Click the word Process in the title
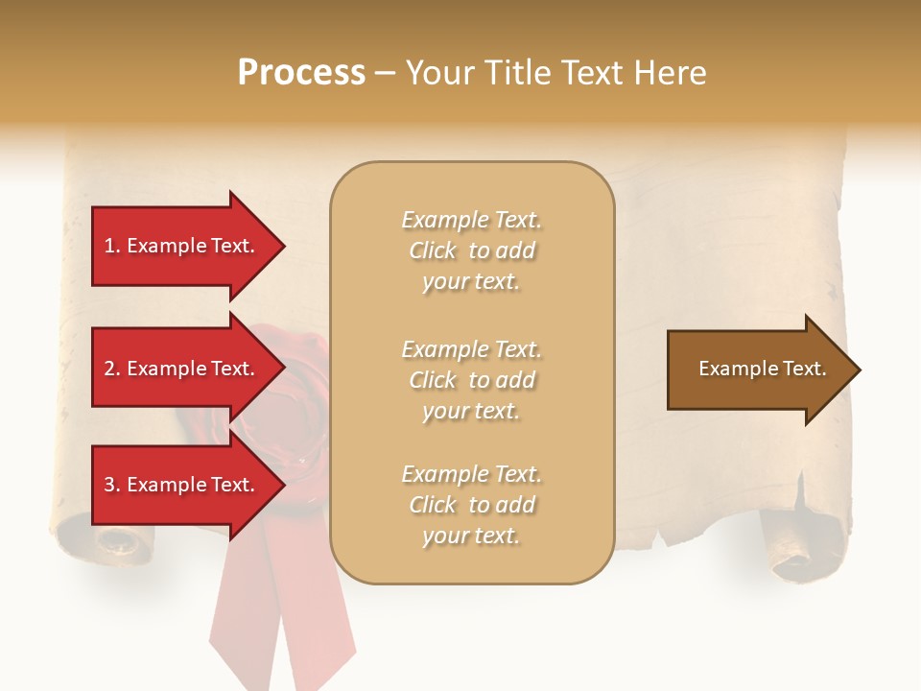click(x=301, y=72)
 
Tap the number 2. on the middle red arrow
click(x=112, y=369)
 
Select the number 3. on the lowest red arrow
click(x=112, y=485)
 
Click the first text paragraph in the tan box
click(x=471, y=250)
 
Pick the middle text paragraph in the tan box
click(x=471, y=380)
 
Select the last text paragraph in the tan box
click(x=471, y=505)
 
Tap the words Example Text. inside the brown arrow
click(x=762, y=369)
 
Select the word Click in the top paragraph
click(x=432, y=250)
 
